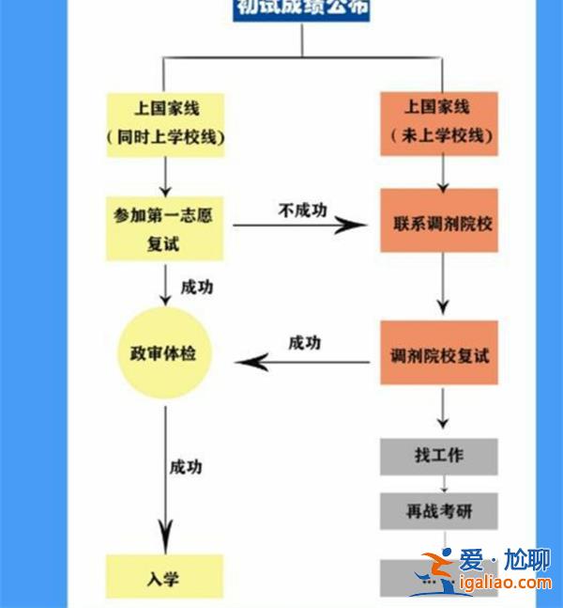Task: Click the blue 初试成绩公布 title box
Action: point(302,9)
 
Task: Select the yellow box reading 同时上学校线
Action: point(166,123)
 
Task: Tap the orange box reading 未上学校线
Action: point(439,123)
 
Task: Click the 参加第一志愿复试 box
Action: point(165,229)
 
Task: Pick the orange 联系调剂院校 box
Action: point(439,224)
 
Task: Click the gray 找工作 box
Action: point(439,457)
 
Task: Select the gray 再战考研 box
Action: point(439,511)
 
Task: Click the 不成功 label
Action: point(302,210)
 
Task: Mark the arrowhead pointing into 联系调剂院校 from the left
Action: point(354,225)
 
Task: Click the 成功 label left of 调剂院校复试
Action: point(304,342)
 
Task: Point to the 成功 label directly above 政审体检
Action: point(196,287)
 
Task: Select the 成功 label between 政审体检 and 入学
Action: point(185,466)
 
